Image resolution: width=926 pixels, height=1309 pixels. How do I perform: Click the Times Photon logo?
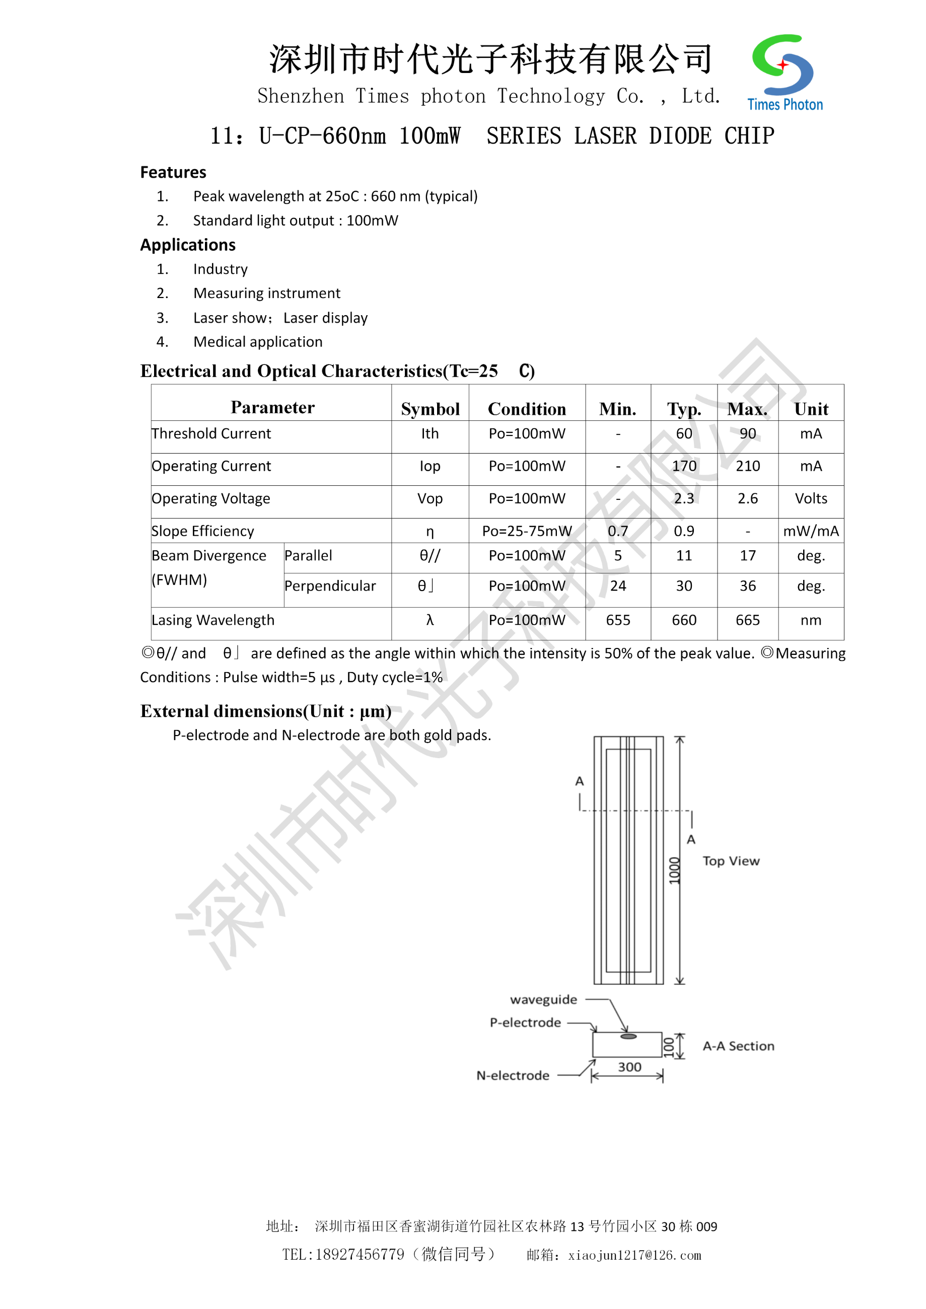pyautogui.click(x=784, y=72)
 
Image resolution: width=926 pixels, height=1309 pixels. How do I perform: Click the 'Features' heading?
pyautogui.click(x=173, y=172)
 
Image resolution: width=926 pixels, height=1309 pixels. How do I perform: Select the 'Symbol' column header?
pyautogui.click(x=430, y=409)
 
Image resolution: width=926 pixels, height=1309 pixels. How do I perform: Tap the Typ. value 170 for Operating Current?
pyautogui.click(x=684, y=466)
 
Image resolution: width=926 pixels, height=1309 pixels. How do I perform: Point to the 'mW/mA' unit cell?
pyautogui.click(x=810, y=531)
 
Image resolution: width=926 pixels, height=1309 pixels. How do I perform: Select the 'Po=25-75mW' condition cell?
pyautogui.click(x=526, y=531)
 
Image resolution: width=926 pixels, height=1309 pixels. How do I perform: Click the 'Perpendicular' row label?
pyautogui.click(x=330, y=586)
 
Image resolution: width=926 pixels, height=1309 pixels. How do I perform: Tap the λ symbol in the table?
pyautogui.click(x=430, y=620)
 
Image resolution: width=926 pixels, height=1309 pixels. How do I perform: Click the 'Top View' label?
pyautogui.click(x=731, y=861)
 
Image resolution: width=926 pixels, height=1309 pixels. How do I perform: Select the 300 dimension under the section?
pyautogui.click(x=629, y=1067)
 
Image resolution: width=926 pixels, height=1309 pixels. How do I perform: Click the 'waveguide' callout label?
pyautogui.click(x=543, y=999)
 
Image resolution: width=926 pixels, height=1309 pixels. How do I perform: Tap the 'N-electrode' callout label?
pyautogui.click(x=513, y=1076)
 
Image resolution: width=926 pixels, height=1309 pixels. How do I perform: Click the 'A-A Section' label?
pyautogui.click(x=738, y=1046)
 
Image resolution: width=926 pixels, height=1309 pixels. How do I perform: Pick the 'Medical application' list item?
pyautogui.click(x=258, y=342)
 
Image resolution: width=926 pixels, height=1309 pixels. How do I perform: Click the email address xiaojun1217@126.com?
pyautogui.click(x=634, y=1256)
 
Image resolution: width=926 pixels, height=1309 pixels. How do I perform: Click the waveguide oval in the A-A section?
pyautogui.click(x=628, y=1037)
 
